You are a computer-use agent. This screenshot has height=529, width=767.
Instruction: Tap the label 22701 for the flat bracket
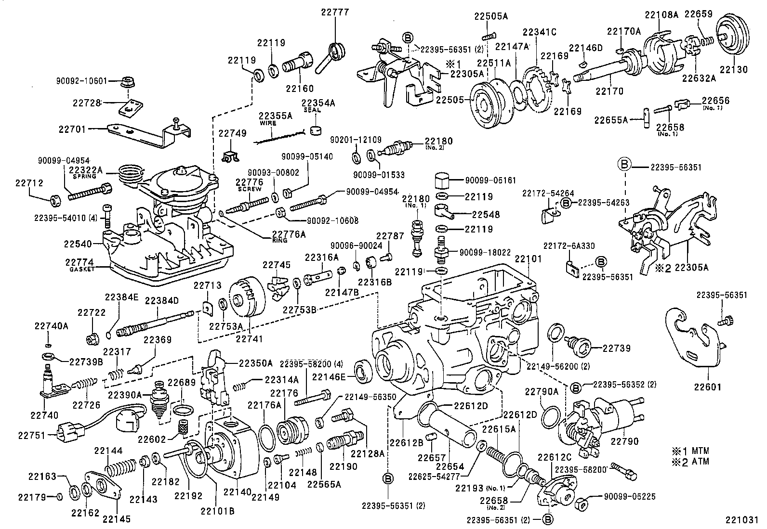72,129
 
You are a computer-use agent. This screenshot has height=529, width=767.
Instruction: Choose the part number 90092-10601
87,81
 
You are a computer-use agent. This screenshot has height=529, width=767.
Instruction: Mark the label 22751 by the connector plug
32,436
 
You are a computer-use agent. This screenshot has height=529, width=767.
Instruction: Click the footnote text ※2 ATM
691,461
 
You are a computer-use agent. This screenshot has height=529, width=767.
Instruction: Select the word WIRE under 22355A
268,123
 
